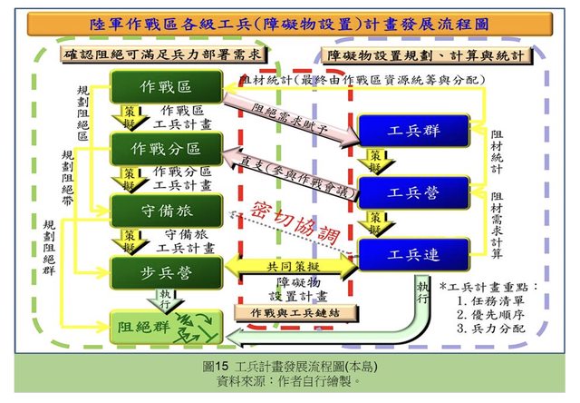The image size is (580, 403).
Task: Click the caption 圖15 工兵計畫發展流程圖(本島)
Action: (289, 367)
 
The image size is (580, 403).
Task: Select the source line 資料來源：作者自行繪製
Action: (289, 382)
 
